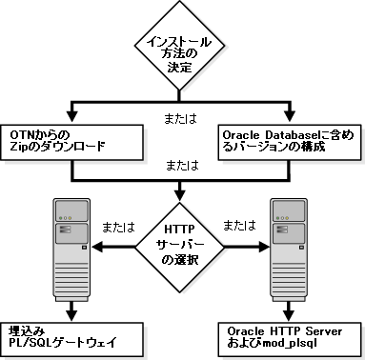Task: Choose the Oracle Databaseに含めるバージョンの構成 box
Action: click(290, 141)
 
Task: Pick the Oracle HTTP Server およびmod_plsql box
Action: click(290, 334)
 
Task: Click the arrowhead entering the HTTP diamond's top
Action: click(182, 193)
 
